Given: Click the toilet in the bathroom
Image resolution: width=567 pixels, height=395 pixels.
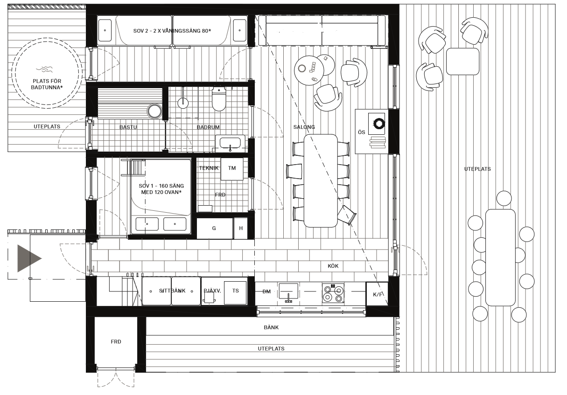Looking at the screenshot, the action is pos(219,99).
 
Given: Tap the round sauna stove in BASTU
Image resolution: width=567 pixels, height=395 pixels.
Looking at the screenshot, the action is pos(154,111).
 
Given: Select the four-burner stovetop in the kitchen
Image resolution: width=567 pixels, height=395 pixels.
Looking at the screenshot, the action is pos(333,293).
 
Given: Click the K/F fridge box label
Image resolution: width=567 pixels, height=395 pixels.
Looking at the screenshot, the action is pos(378,294).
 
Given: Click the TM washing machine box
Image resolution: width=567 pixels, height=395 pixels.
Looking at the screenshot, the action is pos(232,169).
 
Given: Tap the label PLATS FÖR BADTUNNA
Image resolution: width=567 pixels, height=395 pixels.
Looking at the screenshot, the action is pos(47,84).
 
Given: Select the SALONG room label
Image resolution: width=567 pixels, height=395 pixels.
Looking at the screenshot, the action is pos(304,127).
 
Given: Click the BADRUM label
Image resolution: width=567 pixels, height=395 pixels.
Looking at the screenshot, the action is pos(208,127).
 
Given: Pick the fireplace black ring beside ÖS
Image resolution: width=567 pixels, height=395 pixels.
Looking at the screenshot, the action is pos(379,124).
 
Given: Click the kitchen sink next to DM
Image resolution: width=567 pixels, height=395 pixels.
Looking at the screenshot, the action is pos(288,291).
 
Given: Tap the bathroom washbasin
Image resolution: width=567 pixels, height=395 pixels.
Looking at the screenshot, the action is pos(230,143).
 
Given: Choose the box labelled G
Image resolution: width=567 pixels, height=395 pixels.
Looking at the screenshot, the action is pos(215,229).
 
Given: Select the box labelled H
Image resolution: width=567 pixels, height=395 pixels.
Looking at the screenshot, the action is pos(241,229).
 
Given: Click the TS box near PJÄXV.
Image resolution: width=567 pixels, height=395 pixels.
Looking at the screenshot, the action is pos(235,292).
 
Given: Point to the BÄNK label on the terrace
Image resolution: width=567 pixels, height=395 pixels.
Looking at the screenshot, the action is pos(271,327).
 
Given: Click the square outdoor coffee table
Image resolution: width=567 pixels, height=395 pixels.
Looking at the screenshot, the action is pos(463,62).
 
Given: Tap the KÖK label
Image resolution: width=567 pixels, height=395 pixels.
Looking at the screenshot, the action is pos(333,266).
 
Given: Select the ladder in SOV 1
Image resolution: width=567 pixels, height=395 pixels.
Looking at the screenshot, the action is pos(133,167).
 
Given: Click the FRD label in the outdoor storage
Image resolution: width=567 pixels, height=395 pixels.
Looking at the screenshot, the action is pos(116,342).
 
